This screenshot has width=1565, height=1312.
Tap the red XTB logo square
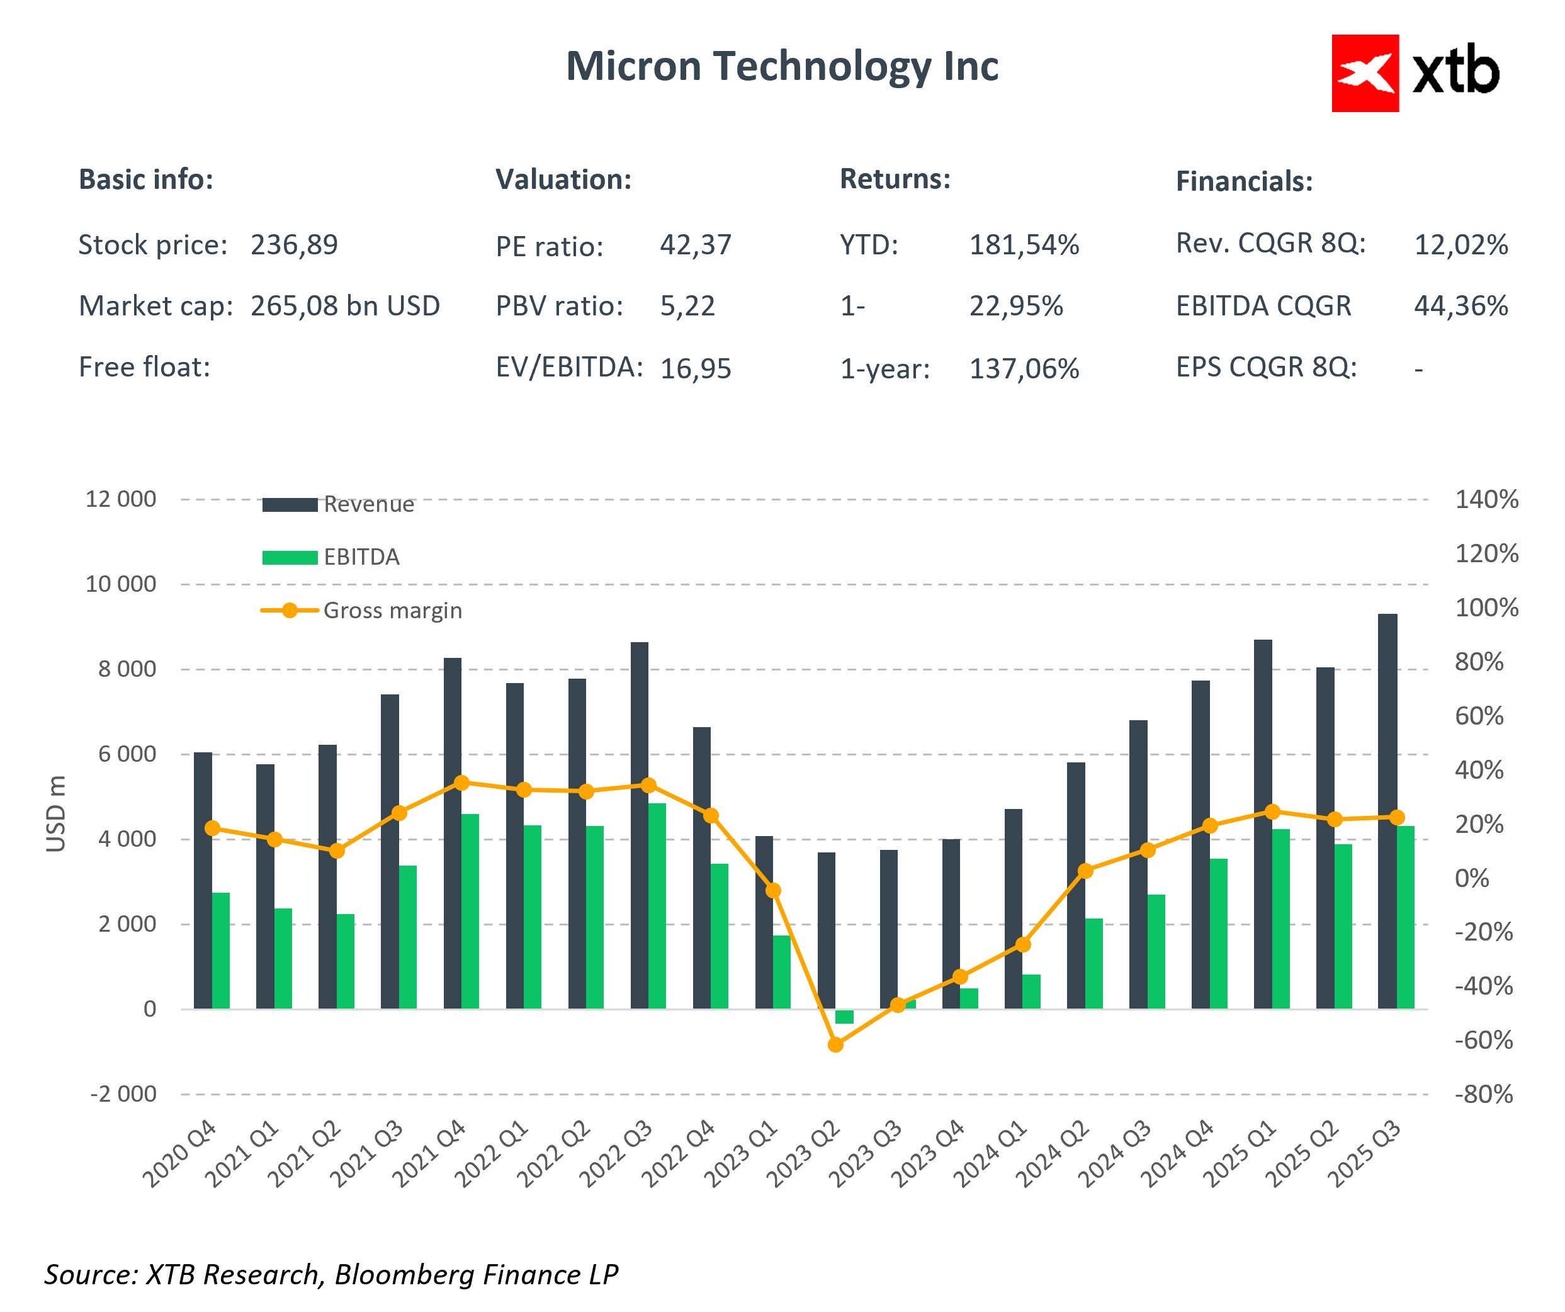(x=1365, y=73)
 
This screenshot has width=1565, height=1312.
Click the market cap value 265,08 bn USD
(x=345, y=305)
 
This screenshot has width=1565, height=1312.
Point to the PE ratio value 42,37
(x=695, y=244)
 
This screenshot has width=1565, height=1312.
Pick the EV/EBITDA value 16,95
(x=695, y=368)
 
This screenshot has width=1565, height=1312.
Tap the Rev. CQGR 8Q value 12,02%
(x=1460, y=244)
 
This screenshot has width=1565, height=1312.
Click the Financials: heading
(x=1244, y=181)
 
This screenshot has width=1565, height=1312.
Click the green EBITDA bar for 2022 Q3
(x=657, y=906)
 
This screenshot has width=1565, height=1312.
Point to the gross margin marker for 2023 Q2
(x=835, y=1045)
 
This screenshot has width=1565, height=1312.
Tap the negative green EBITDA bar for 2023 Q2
(x=844, y=1017)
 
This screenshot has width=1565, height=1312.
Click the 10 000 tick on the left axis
(x=121, y=584)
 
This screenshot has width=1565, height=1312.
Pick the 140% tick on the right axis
(x=1486, y=499)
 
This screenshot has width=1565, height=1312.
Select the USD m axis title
(x=57, y=813)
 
